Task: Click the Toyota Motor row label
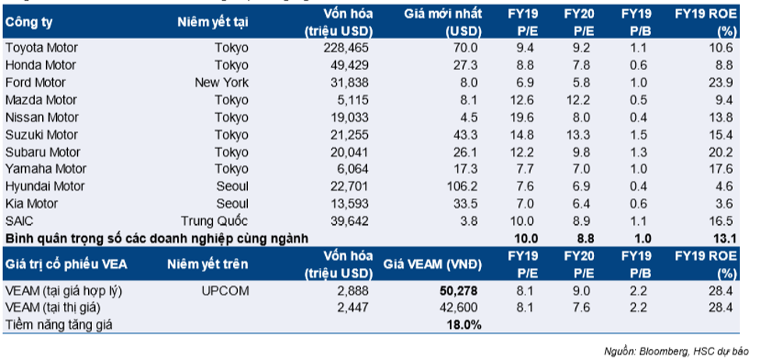pos(41,48)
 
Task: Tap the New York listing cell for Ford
pos(221,83)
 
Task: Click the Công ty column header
pos(26,23)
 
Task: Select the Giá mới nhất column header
pos(444,14)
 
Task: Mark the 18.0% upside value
pos(464,324)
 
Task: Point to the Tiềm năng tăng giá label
pos(58,324)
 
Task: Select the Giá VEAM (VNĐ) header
pos(433,264)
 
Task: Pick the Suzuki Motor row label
pos(41,134)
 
